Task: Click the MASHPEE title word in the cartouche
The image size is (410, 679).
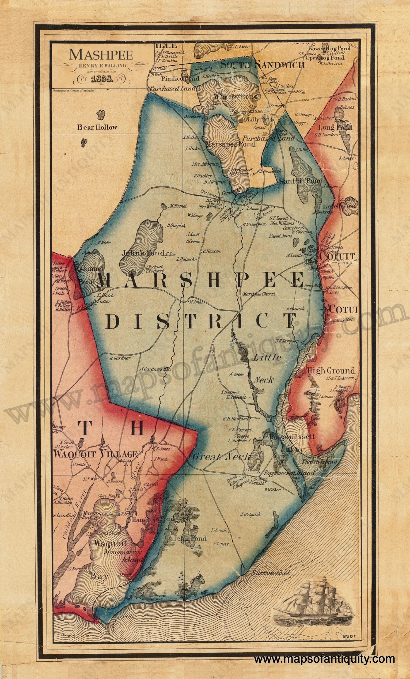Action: point(101,55)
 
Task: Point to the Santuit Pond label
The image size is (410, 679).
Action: point(301,181)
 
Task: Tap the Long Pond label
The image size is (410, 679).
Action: point(335,128)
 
